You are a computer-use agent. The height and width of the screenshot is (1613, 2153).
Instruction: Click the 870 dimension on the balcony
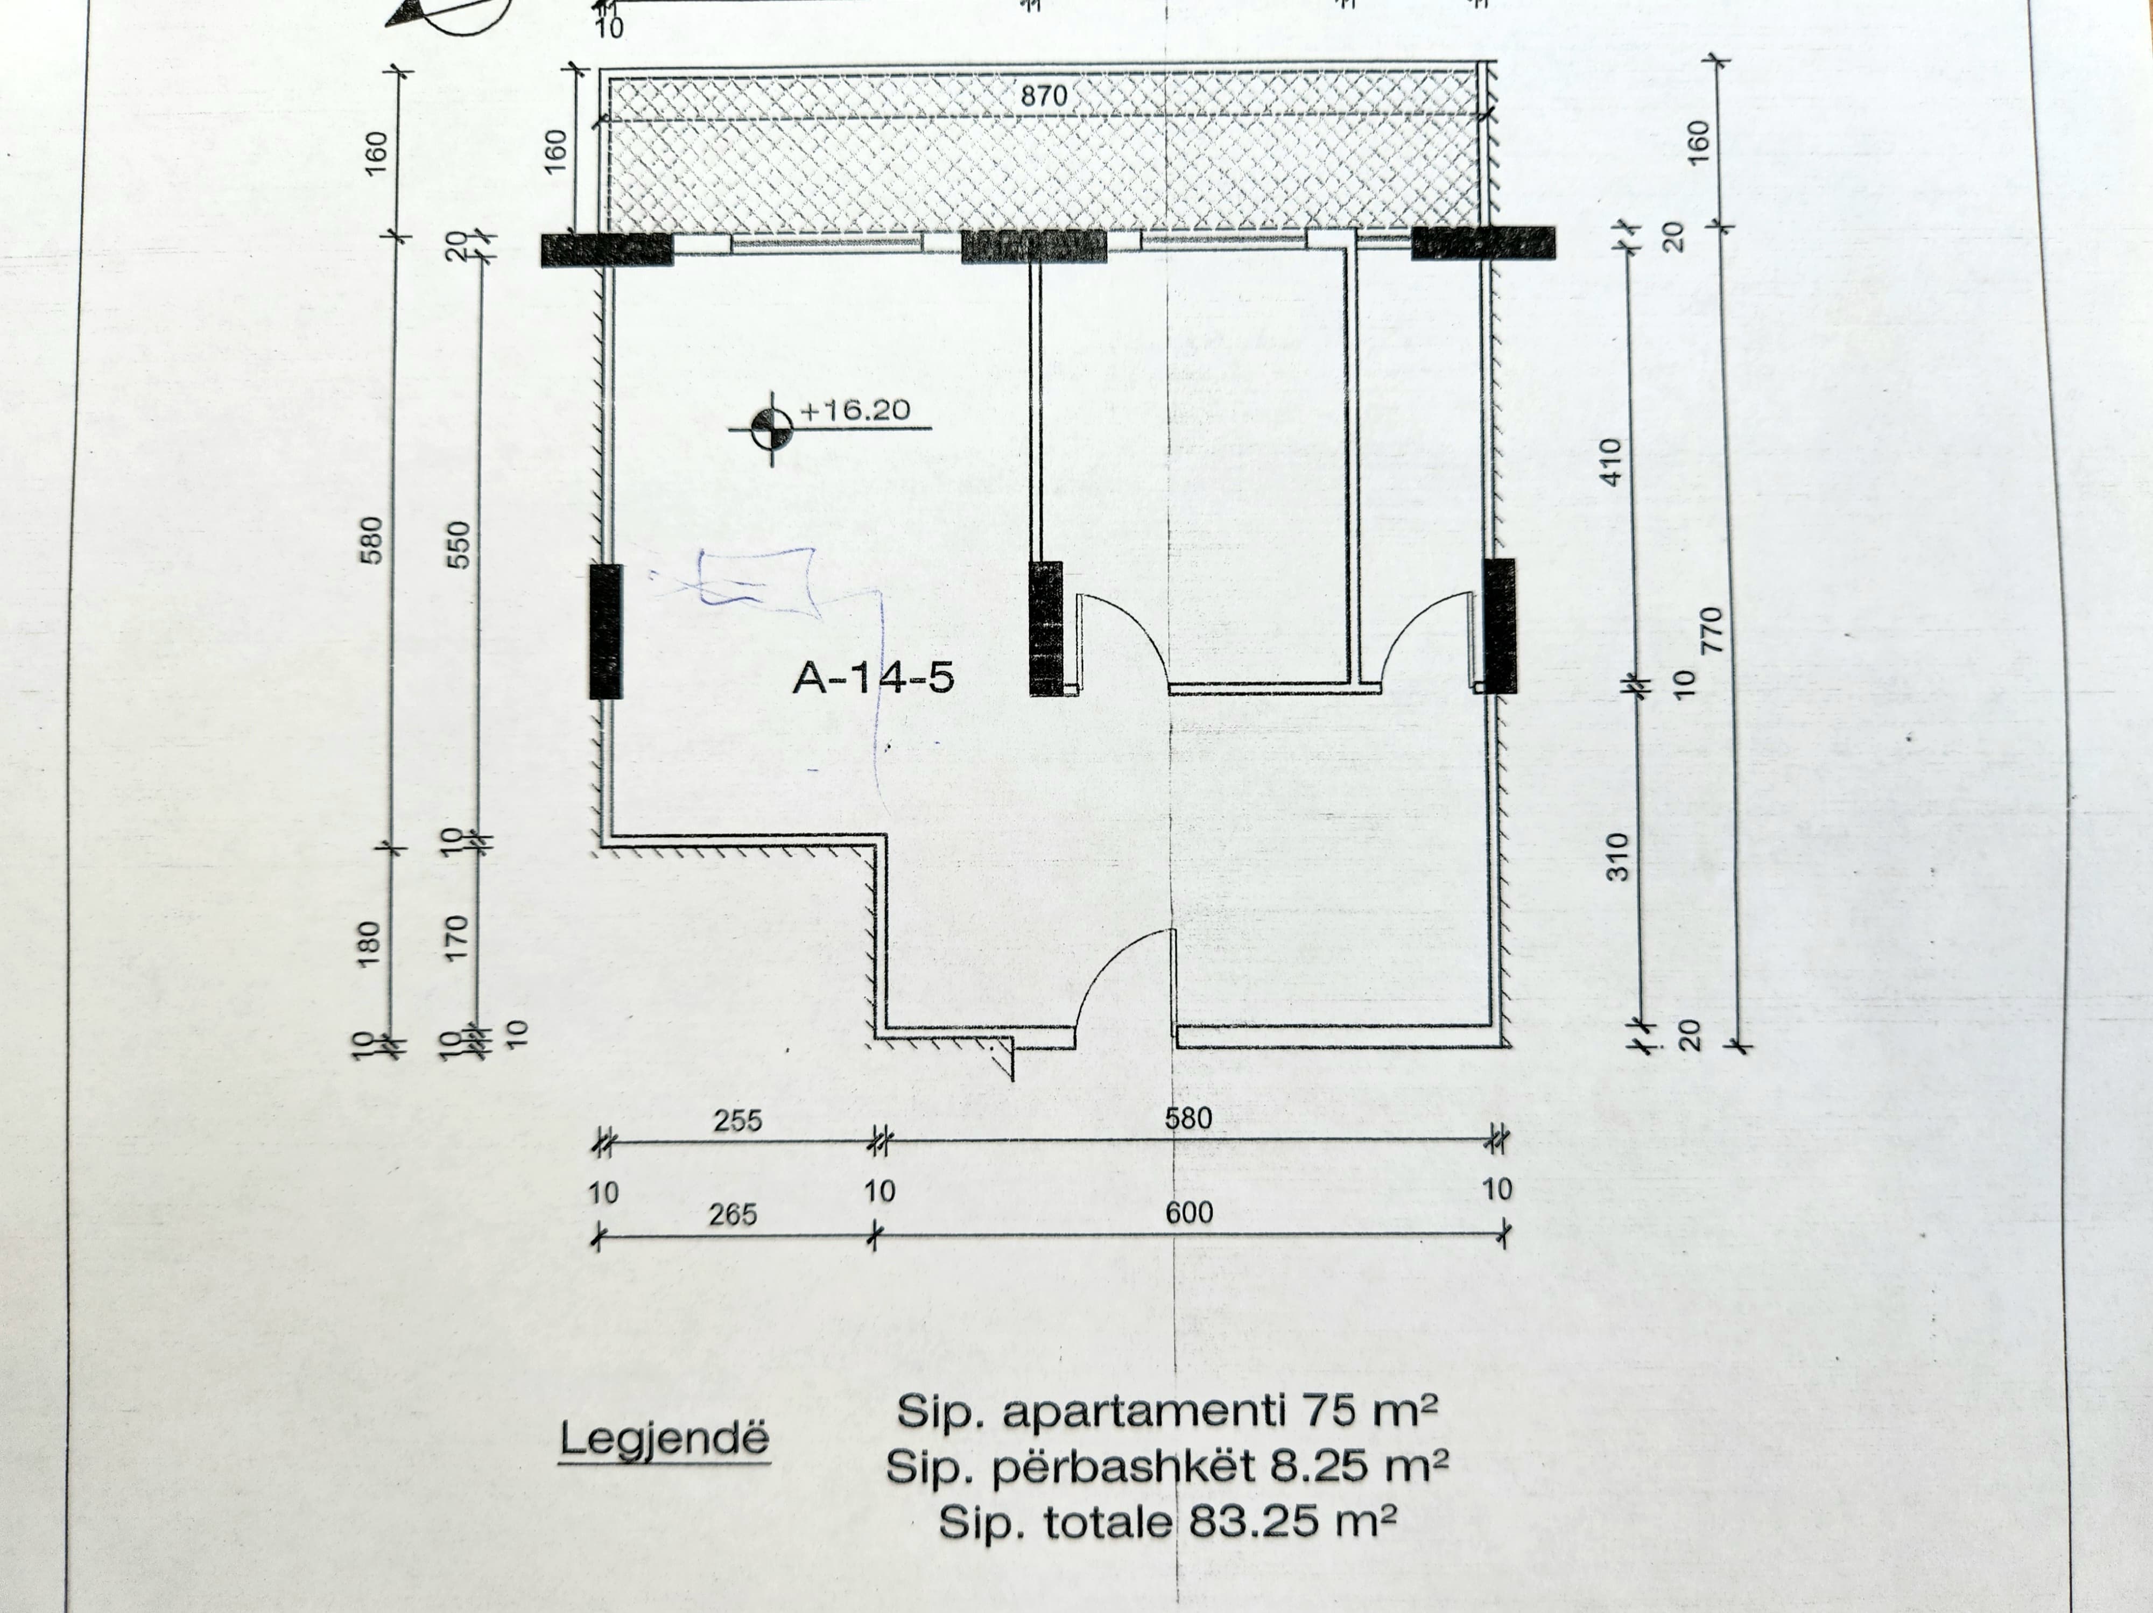coord(1044,96)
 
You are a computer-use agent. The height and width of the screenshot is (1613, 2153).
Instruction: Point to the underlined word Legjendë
coord(664,1439)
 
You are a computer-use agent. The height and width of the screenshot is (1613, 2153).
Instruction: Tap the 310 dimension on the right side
coord(1616,856)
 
